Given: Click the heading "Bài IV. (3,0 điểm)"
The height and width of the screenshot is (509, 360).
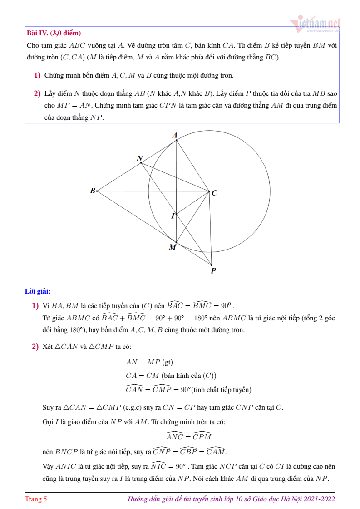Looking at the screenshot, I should [54, 33].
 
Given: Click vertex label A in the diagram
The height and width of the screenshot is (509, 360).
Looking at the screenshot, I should [175, 135].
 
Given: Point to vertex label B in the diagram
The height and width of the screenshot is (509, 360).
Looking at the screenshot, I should [93, 191].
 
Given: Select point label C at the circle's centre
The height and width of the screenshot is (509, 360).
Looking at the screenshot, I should [214, 193].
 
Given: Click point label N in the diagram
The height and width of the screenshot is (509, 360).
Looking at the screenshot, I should [140, 158].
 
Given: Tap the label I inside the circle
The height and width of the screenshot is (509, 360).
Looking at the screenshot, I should [173, 216].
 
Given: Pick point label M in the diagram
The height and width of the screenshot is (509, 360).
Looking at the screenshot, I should [173, 247].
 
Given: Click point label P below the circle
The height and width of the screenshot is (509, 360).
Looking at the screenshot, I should [213, 271].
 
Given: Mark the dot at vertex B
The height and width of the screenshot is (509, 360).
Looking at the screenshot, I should [97, 191].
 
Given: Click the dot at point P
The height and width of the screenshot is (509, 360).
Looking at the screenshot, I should [212, 265].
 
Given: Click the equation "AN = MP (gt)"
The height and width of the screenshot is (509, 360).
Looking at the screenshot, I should [149, 362].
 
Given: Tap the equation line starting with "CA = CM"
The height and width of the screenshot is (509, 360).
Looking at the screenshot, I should [171, 376].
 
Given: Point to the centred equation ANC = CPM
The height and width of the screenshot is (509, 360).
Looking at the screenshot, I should [188, 436].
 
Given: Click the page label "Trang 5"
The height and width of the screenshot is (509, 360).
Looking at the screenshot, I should [36, 499].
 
